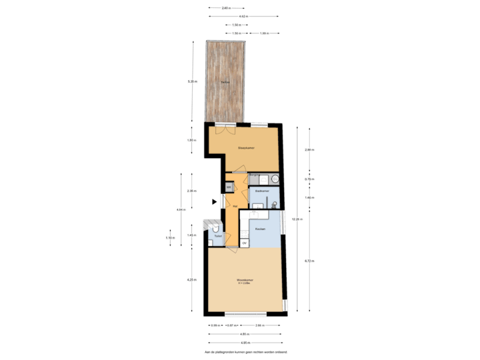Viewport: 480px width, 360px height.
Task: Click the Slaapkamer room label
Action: coord(247,147)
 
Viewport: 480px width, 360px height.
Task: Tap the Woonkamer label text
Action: coord(245,280)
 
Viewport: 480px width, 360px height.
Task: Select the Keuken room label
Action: coord(261,229)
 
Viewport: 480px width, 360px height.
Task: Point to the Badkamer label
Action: coord(262,191)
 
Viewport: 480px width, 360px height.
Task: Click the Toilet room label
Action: coord(218,237)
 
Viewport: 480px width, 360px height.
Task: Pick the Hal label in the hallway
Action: coord(235,206)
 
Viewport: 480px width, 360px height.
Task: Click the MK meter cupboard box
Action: coord(229,187)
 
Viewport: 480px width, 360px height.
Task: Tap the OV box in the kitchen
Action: coord(245,243)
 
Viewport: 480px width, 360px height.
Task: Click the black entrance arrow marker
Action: coord(214,201)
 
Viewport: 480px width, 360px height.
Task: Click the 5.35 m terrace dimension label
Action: coord(193,82)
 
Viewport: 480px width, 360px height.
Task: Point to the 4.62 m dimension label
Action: coord(244,16)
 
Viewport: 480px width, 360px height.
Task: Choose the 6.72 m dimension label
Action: coord(309,261)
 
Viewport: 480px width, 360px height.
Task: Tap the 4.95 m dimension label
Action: coord(245,333)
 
